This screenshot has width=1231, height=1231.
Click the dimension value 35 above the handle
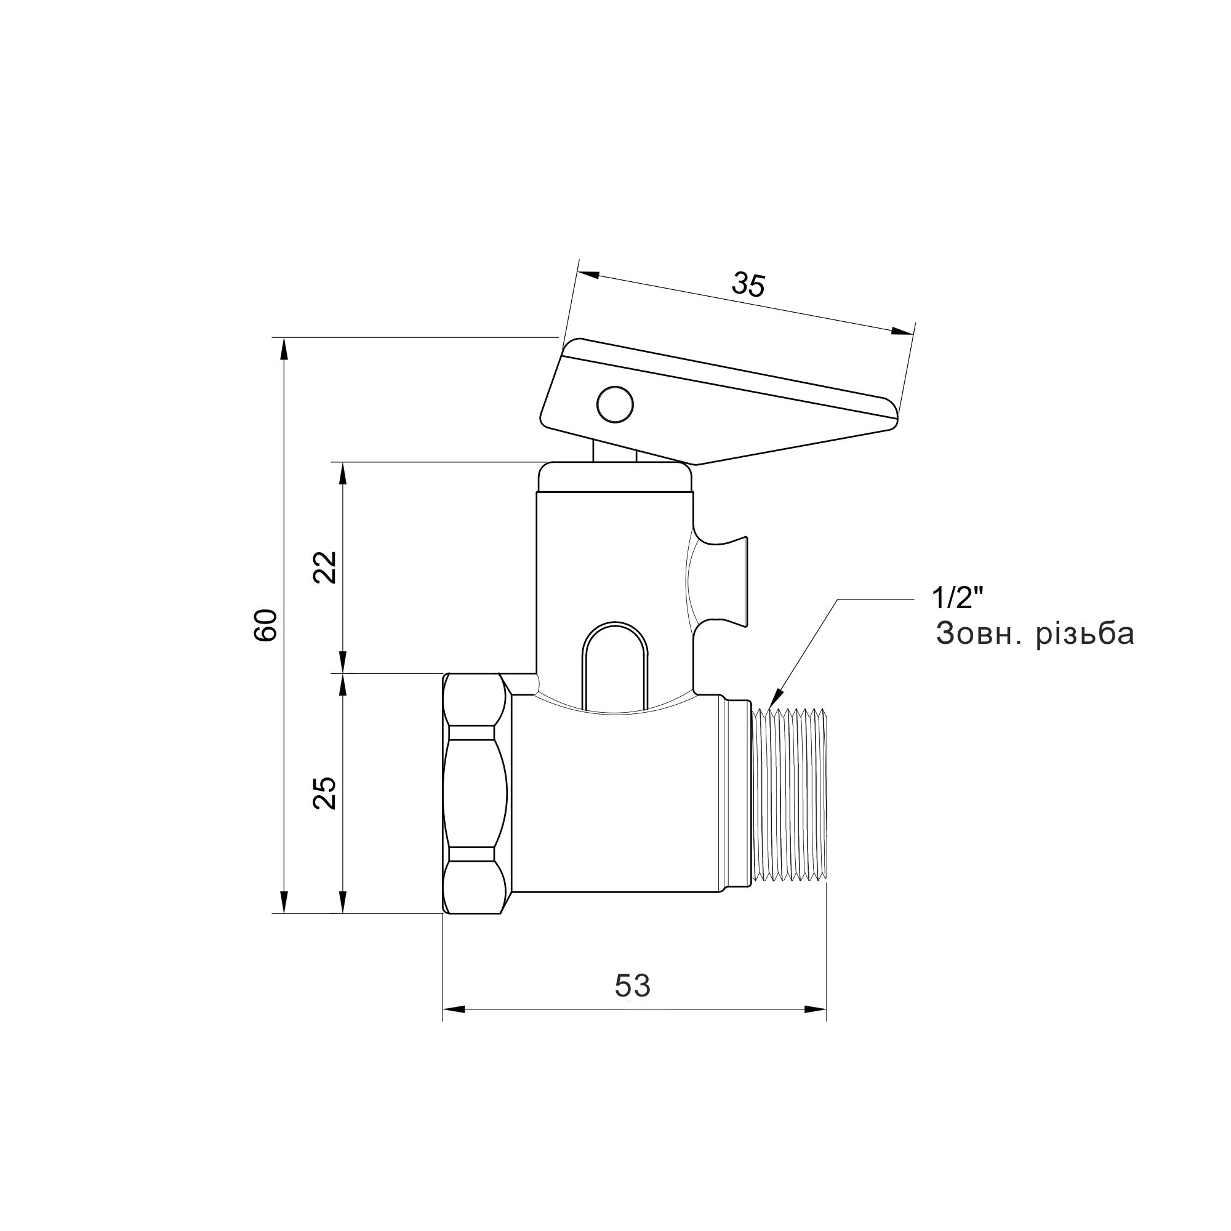tap(747, 285)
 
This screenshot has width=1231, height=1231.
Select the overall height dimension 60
tap(266, 625)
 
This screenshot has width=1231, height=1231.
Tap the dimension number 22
tap(326, 566)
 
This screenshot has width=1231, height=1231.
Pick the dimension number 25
tap(326, 793)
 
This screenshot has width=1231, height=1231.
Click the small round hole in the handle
tap(615, 403)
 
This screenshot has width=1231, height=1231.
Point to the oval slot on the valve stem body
tap(615, 663)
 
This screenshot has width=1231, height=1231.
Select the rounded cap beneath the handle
tap(615, 476)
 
